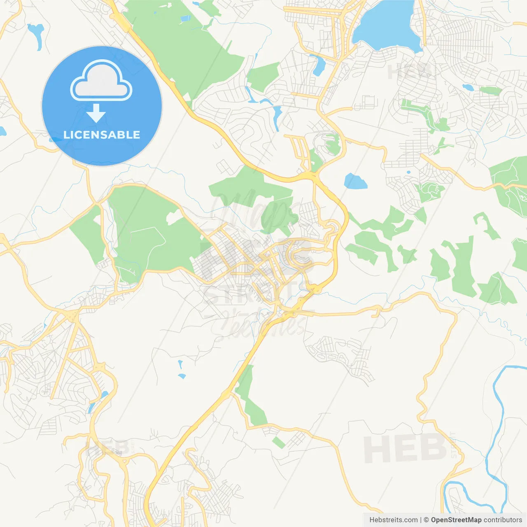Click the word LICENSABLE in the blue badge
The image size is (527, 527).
click(102, 135)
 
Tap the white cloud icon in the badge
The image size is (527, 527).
click(101, 81)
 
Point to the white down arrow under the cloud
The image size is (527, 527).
click(96, 113)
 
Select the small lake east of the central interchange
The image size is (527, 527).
click(355, 181)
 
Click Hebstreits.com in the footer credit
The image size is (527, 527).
click(393, 520)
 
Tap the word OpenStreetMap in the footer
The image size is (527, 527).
click(456, 520)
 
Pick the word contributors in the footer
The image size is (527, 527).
click(503, 520)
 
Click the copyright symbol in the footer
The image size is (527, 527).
click(426, 520)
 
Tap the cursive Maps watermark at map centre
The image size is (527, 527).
click(251, 210)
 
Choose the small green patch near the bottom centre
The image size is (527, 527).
click(279, 443)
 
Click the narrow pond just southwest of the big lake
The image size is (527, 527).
click(318, 65)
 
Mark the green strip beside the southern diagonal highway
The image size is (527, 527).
click(251, 399)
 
